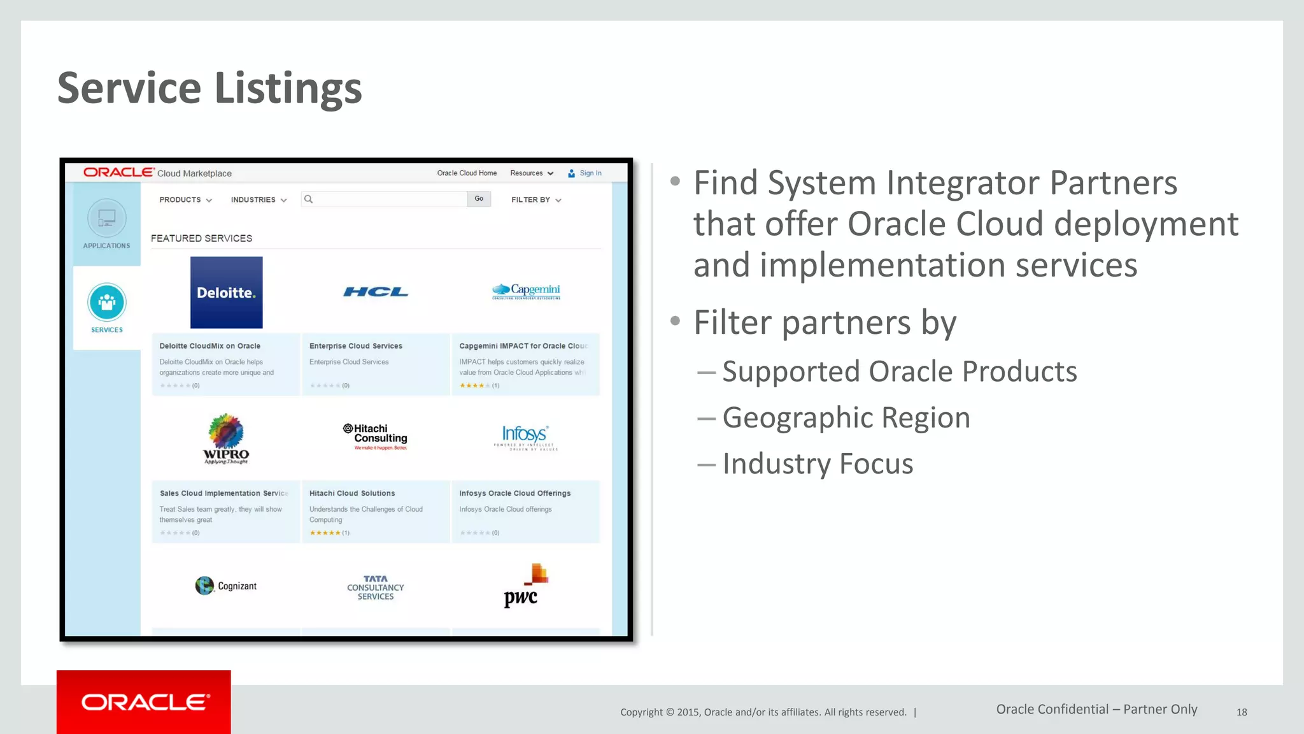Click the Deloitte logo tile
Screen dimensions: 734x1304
pyautogui.click(x=226, y=292)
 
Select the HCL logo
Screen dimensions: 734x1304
pyautogui.click(x=376, y=292)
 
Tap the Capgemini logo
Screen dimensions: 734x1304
pyautogui.click(x=526, y=291)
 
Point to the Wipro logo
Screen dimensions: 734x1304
pyautogui.click(x=226, y=438)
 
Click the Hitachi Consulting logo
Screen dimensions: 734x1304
pyautogui.click(x=376, y=436)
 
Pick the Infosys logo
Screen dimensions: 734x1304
pyautogui.click(x=525, y=437)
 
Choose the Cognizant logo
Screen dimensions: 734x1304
pyautogui.click(x=226, y=586)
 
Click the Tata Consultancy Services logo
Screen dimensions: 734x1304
pyautogui.click(x=376, y=587)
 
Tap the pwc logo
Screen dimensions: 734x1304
pyautogui.click(x=526, y=586)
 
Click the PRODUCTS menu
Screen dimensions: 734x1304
pyautogui.click(x=185, y=200)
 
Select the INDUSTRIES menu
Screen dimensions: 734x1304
pyautogui.click(x=259, y=200)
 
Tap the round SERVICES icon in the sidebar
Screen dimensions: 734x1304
pyautogui.click(x=107, y=302)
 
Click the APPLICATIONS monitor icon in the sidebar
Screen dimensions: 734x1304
pyautogui.click(x=107, y=219)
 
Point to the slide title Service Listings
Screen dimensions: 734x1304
pyautogui.click(x=209, y=88)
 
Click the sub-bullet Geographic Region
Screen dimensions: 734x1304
pyautogui.click(x=846, y=418)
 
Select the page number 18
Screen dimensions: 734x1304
pyautogui.click(x=1242, y=712)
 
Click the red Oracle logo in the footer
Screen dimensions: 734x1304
pyautogui.click(x=144, y=702)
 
